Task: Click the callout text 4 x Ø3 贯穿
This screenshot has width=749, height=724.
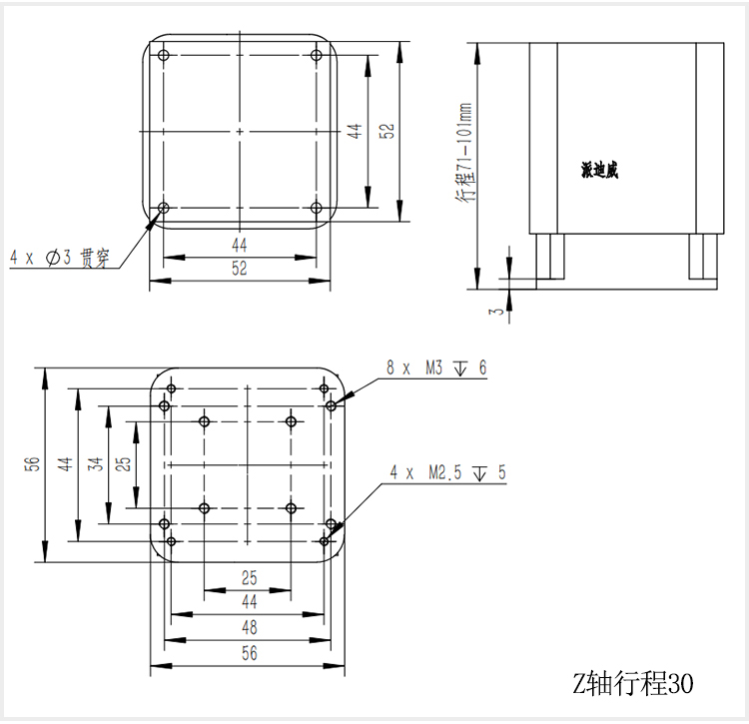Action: (x=59, y=258)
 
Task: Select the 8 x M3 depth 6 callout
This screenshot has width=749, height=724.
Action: (x=436, y=368)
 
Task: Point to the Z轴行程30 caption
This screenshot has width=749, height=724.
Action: (x=631, y=683)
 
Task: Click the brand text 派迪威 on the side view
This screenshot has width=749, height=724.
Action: (x=599, y=171)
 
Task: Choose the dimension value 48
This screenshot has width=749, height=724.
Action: (x=249, y=628)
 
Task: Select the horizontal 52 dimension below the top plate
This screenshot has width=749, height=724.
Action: (x=240, y=269)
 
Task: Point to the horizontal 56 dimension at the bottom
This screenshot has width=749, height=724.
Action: (x=249, y=653)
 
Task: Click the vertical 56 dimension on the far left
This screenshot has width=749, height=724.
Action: (x=31, y=463)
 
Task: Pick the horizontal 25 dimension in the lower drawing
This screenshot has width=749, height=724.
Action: (x=249, y=577)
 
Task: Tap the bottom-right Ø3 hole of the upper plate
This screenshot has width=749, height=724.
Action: (x=316, y=208)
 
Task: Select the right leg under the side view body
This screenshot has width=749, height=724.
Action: (x=702, y=257)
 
